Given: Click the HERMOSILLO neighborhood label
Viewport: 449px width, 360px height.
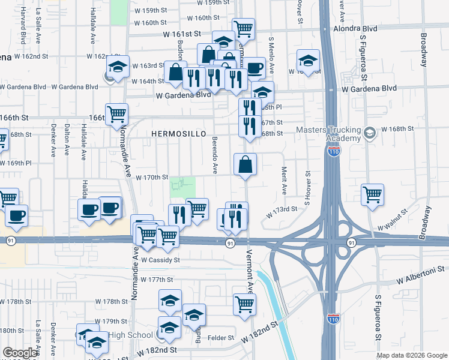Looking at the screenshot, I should (x=179, y=133).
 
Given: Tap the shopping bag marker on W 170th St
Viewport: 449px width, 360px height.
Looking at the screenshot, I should (x=246, y=164).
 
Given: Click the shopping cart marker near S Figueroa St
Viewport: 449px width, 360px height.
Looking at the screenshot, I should (x=373, y=194).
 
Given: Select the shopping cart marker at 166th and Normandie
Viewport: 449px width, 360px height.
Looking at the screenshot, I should (x=116, y=114).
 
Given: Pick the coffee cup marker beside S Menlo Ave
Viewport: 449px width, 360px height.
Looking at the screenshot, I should (x=254, y=68).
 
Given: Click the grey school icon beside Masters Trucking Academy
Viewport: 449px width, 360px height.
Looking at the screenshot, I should (x=369, y=133).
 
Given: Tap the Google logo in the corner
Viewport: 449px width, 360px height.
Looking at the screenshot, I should (x=20, y=353).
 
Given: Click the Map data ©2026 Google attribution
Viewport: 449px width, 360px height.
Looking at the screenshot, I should (x=412, y=355).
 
